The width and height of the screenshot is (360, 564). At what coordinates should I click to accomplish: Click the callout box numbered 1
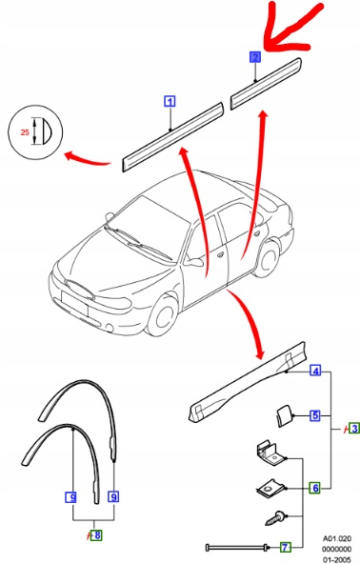(x=170, y=101)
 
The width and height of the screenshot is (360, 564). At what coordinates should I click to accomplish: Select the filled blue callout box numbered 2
(x=255, y=57)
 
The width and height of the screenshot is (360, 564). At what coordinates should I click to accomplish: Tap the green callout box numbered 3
(x=354, y=429)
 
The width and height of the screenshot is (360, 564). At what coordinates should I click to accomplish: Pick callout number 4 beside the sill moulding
(x=315, y=371)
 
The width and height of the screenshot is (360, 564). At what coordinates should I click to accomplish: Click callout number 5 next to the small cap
(x=315, y=415)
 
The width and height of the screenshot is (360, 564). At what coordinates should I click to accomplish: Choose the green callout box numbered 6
(x=315, y=488)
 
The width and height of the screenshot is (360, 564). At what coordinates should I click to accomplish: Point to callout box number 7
(x=285, y=547)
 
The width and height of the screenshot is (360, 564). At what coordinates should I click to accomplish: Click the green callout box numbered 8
(x=97, y=534)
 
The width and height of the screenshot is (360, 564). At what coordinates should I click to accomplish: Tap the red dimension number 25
(x=25, y=132)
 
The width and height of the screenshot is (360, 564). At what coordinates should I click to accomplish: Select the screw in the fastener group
(x=276, y=518)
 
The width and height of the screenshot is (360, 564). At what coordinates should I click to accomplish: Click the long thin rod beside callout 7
(x=237, y=548)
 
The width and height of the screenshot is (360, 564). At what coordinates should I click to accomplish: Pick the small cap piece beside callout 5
(x=285, y=416)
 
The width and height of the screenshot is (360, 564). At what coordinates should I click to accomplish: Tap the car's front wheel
(x=163, y=315)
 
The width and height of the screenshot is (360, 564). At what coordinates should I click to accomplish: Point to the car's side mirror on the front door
(x=194, y=262)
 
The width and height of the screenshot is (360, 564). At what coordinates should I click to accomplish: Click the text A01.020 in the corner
(x=336, y=539)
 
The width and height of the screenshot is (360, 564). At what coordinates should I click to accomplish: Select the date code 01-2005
(x=336, y=560)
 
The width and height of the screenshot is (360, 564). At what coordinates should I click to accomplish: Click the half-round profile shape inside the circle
(x=47, y=131)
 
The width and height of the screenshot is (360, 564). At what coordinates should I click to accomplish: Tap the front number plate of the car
(x=75, y=302)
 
